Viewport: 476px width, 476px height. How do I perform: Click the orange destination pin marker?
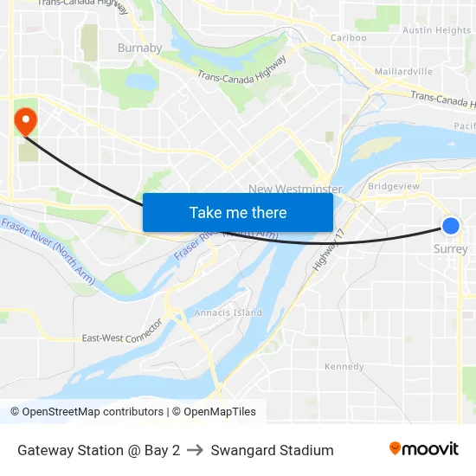coord(26,120)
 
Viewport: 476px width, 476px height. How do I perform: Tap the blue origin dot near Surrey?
coord(451,226)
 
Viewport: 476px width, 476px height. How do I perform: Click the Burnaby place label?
coord(139,48)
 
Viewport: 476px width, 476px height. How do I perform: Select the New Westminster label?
coord(295,189)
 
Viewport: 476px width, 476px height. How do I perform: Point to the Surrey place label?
coord(451,248)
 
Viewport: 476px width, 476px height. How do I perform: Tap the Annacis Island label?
coord(228,312)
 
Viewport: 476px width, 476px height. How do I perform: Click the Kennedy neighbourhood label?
coord(344,367)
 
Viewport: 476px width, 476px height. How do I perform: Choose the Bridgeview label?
coord(394,186)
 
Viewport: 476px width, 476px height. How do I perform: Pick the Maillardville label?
coord(404,71)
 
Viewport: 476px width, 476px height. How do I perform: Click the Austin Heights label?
coord(437,30)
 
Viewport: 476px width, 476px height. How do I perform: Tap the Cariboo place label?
coord(349,38)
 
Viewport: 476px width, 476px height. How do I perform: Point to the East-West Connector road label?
coord(122,332)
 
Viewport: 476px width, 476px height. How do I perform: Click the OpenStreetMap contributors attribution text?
coord(93,412)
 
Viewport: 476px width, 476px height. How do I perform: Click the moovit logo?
coord(424,449)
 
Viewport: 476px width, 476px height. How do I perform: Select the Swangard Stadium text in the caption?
coord(272,450)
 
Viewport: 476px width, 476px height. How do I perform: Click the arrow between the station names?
coord(195,450)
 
